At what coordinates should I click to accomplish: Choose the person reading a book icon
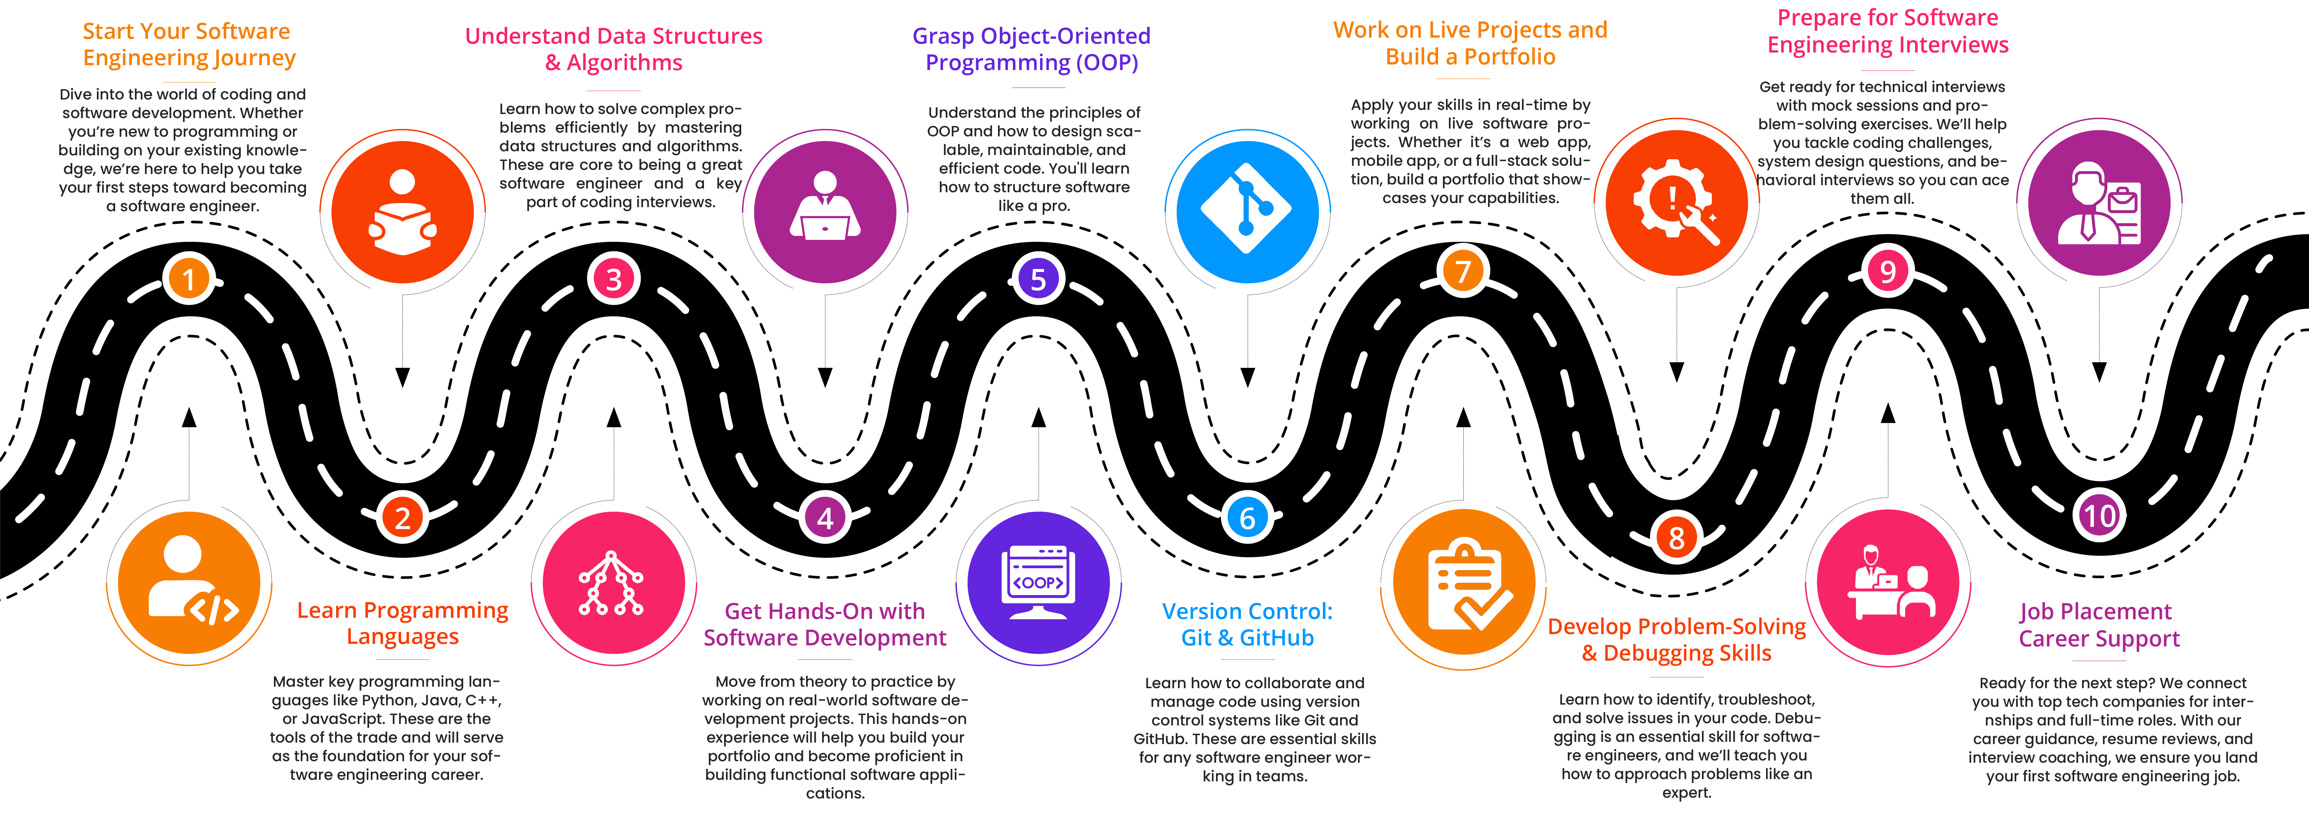pos(402,212)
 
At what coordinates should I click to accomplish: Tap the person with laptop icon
pos(825,212)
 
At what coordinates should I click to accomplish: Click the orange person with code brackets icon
pos(189,583)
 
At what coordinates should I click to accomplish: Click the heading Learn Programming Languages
pos(402,623)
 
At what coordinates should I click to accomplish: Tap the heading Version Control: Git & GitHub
pos(1247,624)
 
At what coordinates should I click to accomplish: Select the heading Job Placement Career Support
pos(2098,625)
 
